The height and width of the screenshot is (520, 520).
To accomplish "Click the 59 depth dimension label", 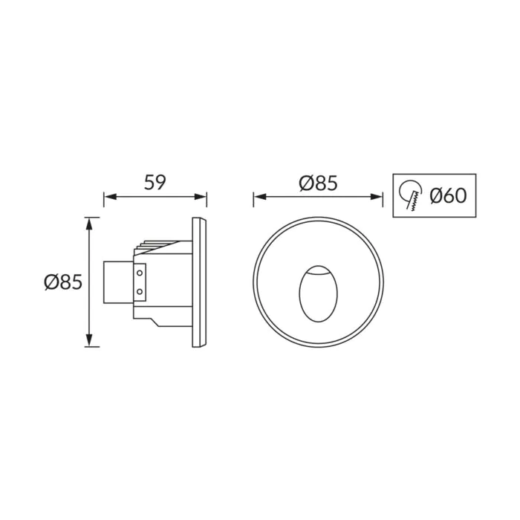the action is coord(155,183).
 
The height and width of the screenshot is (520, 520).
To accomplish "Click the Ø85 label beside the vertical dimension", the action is coord(63,282).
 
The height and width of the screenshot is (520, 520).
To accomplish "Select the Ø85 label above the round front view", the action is coord(318,183).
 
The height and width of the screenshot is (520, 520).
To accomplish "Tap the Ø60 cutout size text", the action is coord(448,195).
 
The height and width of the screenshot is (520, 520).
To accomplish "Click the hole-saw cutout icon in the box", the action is coord(410,195).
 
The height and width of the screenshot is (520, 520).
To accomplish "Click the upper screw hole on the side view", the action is coord(140,273).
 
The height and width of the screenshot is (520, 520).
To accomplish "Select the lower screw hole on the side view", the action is coord(140,291).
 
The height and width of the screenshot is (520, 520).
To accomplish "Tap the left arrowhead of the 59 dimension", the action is coord(110,197).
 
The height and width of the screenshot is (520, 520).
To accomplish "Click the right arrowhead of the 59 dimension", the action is coord(201,197).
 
